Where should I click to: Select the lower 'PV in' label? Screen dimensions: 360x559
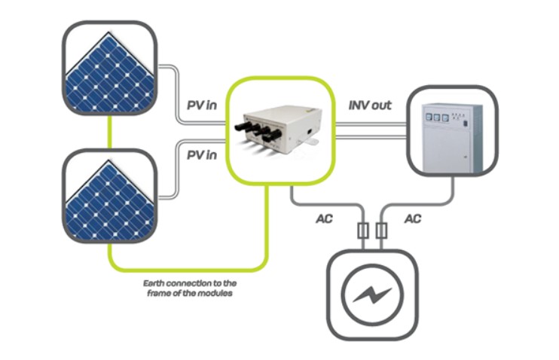201,155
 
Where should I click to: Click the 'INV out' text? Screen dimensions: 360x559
369,105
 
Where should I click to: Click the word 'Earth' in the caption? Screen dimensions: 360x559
157,282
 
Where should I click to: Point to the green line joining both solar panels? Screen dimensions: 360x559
110,132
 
